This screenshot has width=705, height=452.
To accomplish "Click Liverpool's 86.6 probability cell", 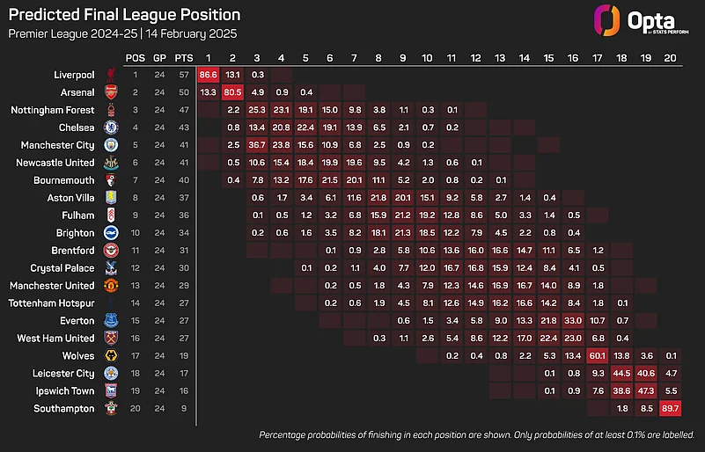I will point(209,75).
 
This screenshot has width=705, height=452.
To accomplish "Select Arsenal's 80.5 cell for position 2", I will point(233,92).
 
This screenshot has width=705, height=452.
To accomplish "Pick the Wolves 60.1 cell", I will point(598,356).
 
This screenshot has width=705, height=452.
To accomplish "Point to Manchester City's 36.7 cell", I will point(257,145).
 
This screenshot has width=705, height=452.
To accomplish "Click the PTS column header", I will point(184,57).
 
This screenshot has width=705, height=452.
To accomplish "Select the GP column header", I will point(159,57).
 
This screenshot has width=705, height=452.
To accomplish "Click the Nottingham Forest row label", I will point(52,110).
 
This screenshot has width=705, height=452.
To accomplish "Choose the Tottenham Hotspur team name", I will point(52,303).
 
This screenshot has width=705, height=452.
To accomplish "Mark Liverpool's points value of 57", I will point(184,75).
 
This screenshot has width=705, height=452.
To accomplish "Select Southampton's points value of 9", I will point(184,409).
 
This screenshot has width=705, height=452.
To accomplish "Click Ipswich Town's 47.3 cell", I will point(647,391).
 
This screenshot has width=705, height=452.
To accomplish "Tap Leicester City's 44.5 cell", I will point(622,374).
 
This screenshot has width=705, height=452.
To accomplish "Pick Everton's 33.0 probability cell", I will point(573,321).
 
